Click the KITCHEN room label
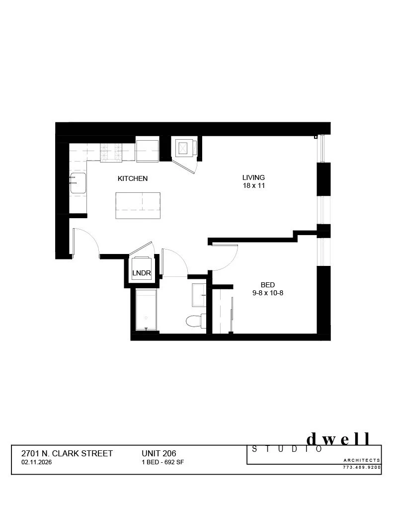[x=132, y=178]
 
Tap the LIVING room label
[x=253, y=177]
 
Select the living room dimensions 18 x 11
[x=253, y=186]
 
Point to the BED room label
[x=268, y=285]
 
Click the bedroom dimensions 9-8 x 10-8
[x=268, y=293]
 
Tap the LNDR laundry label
[x=141, y=273]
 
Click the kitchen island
[x=138, y=205]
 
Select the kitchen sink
[x=78, y=183]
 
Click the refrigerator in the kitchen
[x=148, y=151]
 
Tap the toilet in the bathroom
[x=194, y=321]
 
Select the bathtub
[x=146, y=310]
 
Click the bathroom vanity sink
[x=199, y=296]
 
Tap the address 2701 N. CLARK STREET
[x=67, y=453]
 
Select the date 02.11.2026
[x=37, y=462]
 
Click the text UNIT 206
[x=159, y=453]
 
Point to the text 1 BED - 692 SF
[x=163, y=462]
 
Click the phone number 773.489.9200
[x=362, y=467]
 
